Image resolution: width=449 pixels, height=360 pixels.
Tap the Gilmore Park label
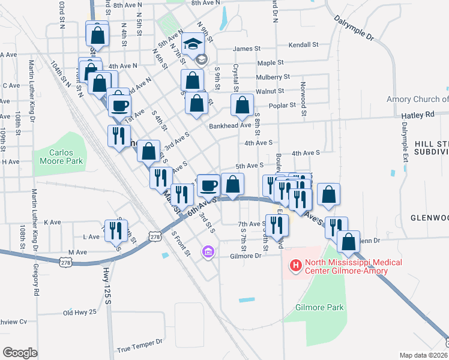[x=319, y=307]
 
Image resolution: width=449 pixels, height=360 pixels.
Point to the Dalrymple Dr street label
[x=354, y=28]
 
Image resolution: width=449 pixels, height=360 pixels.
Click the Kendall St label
[x=303, y=45]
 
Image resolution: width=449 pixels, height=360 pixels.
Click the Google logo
[x=19, y=353]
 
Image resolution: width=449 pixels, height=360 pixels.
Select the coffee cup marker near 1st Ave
[x=119, y=105]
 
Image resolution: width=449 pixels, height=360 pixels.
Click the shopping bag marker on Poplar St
[x=241, y=105]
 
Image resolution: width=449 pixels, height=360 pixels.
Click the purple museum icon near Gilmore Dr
[x=208, y=251]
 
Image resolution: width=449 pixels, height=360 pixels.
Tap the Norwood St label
[x=304, y=98]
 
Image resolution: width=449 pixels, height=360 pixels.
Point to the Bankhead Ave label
[x=229, y=126]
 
